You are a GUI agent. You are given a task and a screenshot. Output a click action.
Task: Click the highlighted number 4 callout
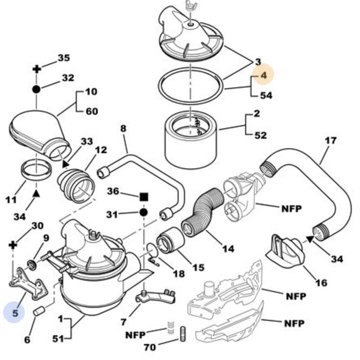[263, 76]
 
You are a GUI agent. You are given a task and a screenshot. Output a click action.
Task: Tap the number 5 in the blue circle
[15, 312]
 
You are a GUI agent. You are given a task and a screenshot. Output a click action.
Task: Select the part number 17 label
[330, 140]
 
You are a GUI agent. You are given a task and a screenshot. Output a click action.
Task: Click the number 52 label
[261, 135]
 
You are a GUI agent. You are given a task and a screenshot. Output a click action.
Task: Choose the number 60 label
[91, 111]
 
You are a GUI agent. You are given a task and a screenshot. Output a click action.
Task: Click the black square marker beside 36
[144, 197]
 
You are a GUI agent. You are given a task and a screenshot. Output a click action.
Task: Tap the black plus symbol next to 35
[37, 69]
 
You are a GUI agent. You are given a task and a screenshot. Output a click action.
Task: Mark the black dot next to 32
[37, 89]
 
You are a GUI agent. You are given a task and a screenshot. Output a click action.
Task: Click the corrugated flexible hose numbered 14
[204, 212]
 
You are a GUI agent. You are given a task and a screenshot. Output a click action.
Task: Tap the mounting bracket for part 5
[27, 281]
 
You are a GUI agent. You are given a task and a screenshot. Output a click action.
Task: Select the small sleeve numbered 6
[39, 311]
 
